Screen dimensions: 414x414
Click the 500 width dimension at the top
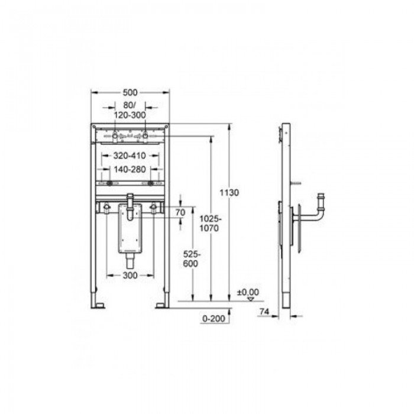pos(130,93)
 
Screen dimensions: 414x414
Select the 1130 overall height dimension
pos(229,193)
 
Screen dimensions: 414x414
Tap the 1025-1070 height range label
pos(209,224)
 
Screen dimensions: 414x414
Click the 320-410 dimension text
pos(130,156)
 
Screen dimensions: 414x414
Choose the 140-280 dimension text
pos(130,169)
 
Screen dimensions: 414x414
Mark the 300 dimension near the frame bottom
pos(130,276)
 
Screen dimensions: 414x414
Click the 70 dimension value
pos(180,212)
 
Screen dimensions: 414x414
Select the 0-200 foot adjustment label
pos(214,318)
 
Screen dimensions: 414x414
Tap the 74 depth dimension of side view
pos(264,312)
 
